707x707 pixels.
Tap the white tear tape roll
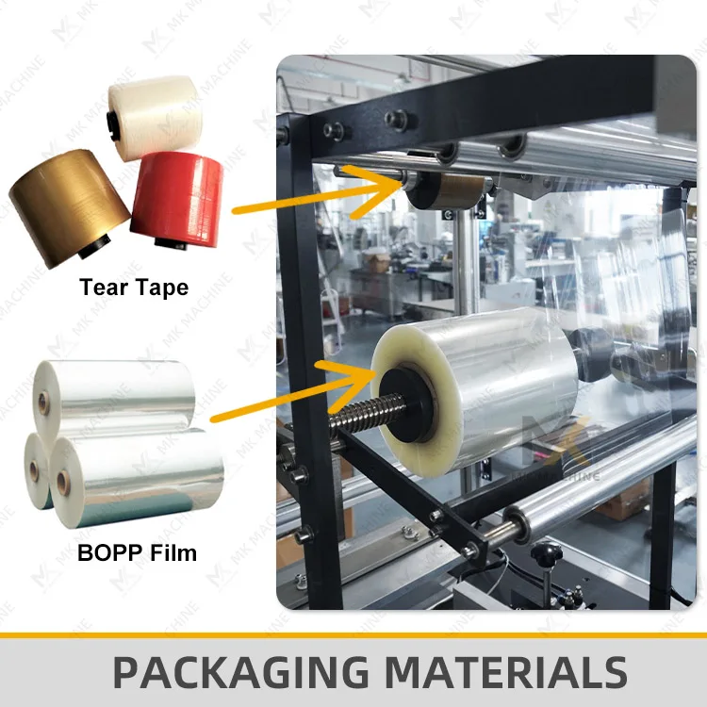[156, 110]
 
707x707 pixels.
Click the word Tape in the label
[159, 287]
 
